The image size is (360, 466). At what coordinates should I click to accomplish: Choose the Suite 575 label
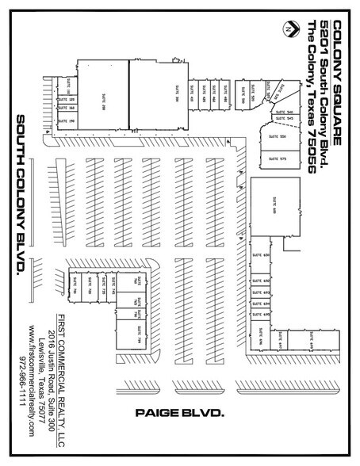click(x=282, y=158)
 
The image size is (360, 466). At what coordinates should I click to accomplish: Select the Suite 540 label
click(x=279, y=113)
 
